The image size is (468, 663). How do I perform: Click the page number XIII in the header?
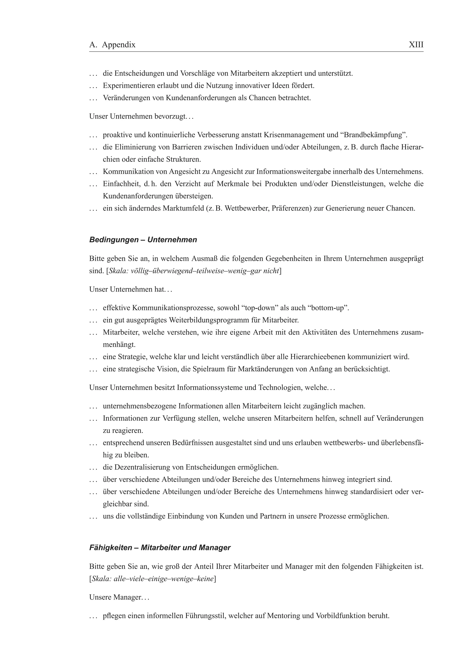(416, 45)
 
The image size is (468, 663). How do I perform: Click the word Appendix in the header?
(119, 45)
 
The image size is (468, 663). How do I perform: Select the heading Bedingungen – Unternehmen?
(143, 240)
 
